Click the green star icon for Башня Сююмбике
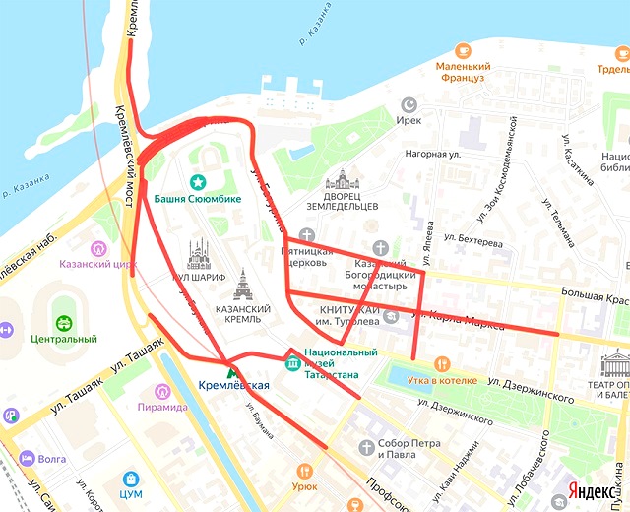[x=197, y=181]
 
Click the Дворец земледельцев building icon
[x=344, y=180]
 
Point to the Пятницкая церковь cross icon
[x=308, y=235]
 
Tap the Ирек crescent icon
[x=409, y=103]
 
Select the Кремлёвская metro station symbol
[x=232, y=370]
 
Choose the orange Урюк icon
[x=304, y=471]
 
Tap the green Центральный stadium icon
[x=63, y=322]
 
